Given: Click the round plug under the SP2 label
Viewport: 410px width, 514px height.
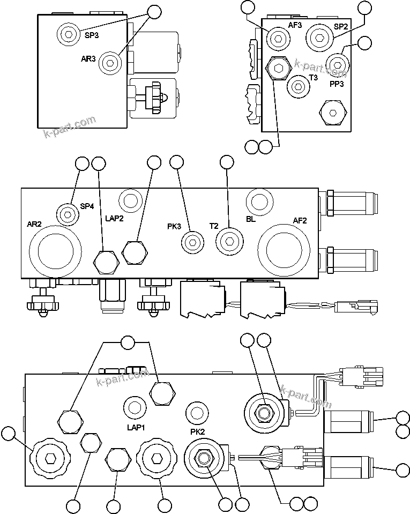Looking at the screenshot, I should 319,38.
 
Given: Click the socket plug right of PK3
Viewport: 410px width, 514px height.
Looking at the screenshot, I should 192,242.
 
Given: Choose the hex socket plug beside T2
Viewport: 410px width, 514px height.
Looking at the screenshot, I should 229,242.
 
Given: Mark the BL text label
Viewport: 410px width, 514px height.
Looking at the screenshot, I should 250,219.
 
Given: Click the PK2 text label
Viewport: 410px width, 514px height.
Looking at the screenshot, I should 198,431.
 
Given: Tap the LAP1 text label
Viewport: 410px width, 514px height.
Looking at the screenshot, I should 137,427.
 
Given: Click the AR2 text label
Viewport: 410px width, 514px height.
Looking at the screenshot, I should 34,224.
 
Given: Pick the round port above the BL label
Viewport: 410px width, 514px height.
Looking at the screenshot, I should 259,202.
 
